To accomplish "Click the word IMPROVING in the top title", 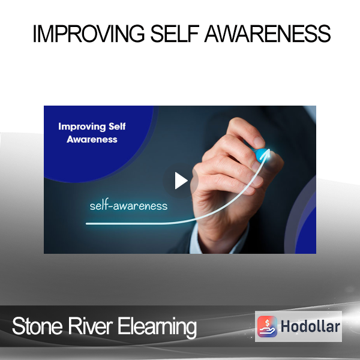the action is (89, 34).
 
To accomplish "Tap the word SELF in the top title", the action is (175, 34).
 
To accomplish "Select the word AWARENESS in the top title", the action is (268, 34).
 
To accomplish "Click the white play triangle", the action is (181, 181).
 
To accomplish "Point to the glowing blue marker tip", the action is (262, 155).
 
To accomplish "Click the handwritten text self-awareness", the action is (128, 205).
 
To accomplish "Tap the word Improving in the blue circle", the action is (82, 127).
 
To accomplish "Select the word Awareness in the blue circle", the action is (92, 139).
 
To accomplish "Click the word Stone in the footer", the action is (37, 326).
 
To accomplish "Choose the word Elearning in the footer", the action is (157, 327).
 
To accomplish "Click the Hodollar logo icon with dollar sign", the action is (267, 326).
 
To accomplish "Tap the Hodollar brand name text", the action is (310, 326).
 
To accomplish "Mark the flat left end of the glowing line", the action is (87, 223).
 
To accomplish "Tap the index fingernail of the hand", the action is (259, 141).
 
